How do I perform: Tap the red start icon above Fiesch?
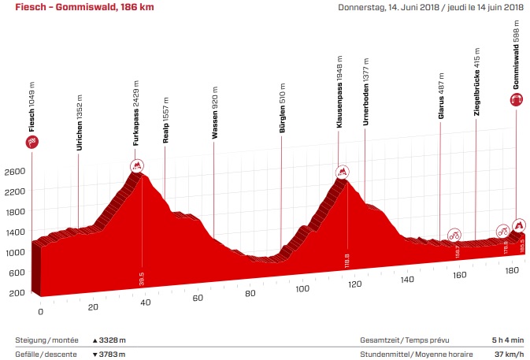[33, 143]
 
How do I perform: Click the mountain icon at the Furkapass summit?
[137, 165]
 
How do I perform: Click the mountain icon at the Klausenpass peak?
[343, 172]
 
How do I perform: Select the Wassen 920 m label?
[213, 118]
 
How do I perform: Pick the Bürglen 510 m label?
[281, 118]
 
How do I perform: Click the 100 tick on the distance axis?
[302, 288]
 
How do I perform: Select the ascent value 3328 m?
[109, 340]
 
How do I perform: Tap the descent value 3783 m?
[109, 354]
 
